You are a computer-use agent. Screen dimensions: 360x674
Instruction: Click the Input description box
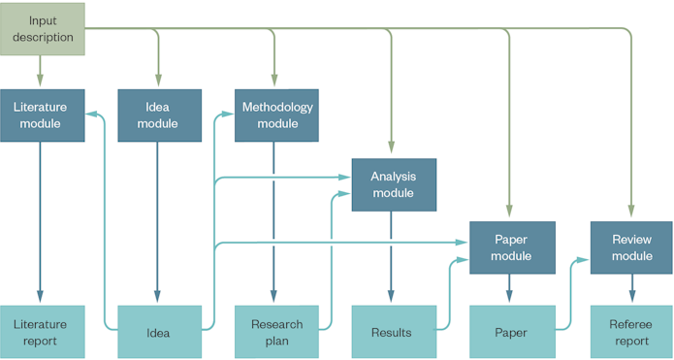point(43,28)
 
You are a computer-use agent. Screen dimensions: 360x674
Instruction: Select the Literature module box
point(40,115)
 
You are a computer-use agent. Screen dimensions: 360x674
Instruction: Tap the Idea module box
point(157,115)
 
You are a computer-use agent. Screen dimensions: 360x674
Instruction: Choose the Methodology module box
point(276,115)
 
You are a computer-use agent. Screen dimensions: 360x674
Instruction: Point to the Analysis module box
point(393,184)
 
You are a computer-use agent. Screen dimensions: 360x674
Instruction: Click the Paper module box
point(511,247)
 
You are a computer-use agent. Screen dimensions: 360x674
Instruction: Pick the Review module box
point(631,247)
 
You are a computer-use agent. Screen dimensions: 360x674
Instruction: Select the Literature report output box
point(40,332)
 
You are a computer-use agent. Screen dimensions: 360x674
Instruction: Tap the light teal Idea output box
point(158,332)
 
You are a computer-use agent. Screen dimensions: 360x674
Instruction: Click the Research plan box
point(276,332)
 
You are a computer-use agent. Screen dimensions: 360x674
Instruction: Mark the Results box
point(392,332)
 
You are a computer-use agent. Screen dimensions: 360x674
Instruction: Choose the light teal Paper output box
point(511,332)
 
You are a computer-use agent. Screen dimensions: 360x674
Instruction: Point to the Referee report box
point(631,332)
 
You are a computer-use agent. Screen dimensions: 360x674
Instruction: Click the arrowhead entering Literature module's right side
point(91,114)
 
